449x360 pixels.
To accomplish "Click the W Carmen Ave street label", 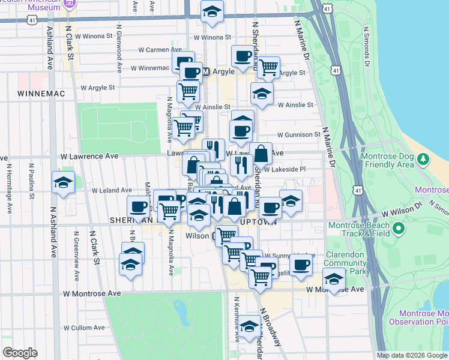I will tap(160, 50).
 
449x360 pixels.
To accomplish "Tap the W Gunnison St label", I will tap(298, 135).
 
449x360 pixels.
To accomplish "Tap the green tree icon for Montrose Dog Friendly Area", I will tap(424, 160).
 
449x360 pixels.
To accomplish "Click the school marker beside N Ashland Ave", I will tap(63, 183).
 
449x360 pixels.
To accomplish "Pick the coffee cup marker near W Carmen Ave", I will tap(243, 56).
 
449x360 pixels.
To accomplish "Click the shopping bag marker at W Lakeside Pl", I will tap(261, 154).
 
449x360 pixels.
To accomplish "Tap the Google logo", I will tap(20, 353).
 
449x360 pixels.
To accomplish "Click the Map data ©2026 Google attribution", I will tap(411, 355).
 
